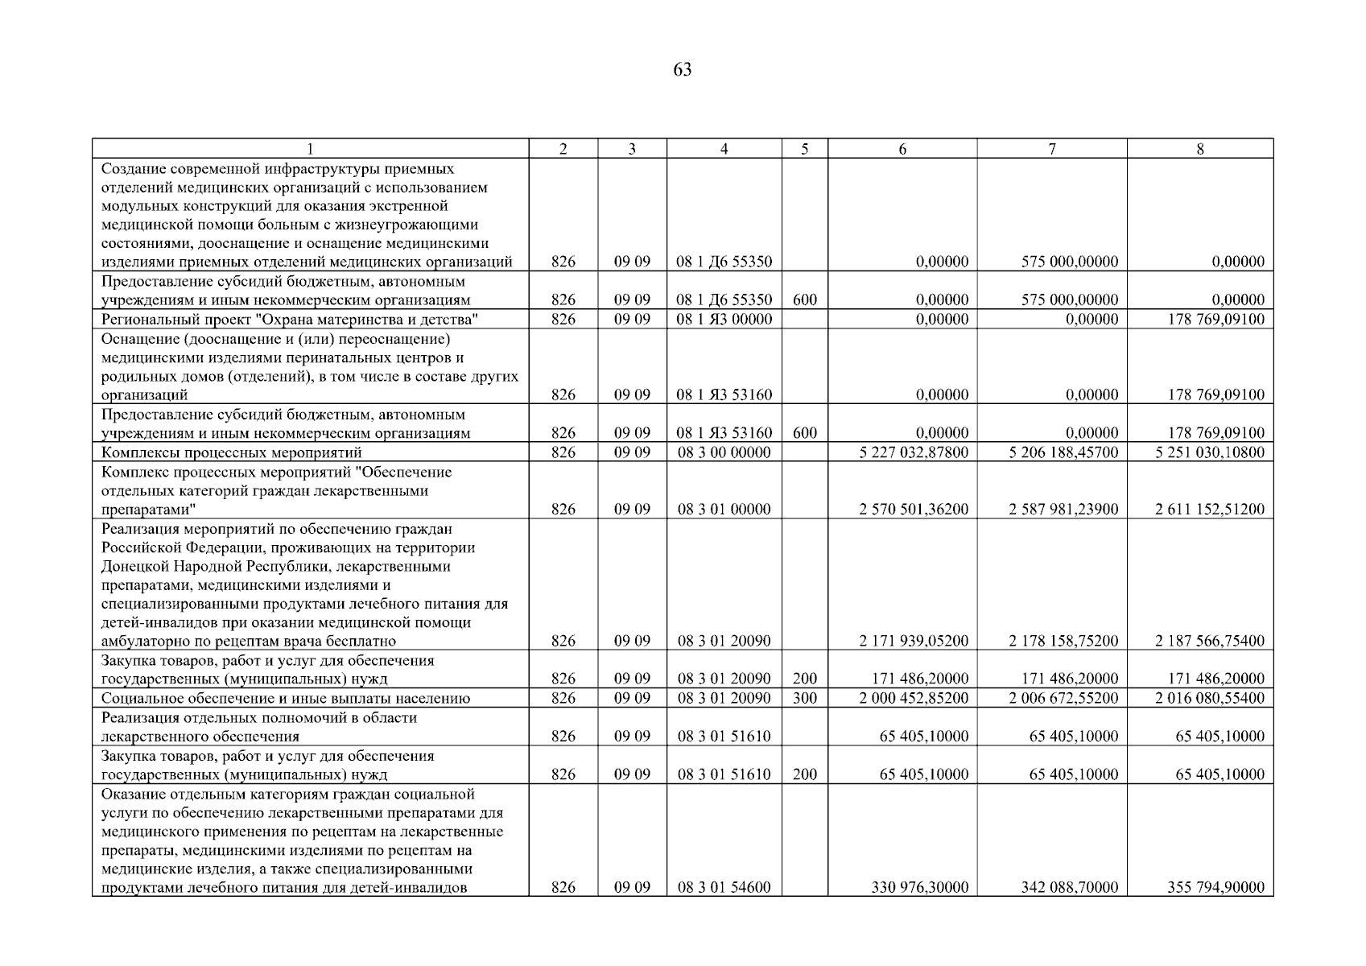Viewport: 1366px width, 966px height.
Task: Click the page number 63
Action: tap(682, 70)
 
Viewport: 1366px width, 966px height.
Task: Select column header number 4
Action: tap(724, 149)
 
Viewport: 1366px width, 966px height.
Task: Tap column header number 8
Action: tap(1199, 149)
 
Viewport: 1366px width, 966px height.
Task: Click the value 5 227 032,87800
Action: tap(914, 452)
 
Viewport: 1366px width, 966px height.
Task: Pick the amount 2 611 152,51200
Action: tap(1209, 510)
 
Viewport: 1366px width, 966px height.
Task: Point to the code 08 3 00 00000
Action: tap(724, 452)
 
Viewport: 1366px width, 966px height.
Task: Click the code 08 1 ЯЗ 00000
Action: tap(724, 320)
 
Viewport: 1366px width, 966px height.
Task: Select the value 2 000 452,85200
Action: tap(914, 699)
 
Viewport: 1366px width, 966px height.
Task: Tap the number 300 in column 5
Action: tap(804, 699)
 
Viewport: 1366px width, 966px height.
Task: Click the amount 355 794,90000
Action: tap(1215, 888)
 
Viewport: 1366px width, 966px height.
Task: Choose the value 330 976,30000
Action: tap(920, 888)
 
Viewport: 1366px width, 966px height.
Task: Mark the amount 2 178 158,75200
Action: tap(1063, 642)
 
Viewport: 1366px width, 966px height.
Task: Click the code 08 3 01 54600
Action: tap(724, 888)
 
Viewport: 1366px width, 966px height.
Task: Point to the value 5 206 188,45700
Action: tap(1063, 452)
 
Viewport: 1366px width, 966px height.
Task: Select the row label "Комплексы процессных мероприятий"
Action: tap(232, 452)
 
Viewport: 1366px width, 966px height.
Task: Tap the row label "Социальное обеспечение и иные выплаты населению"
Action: tap(286, 699)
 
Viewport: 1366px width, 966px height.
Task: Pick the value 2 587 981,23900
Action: tap(1063, 510)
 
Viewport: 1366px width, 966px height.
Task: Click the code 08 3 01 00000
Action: tap(724, 510)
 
